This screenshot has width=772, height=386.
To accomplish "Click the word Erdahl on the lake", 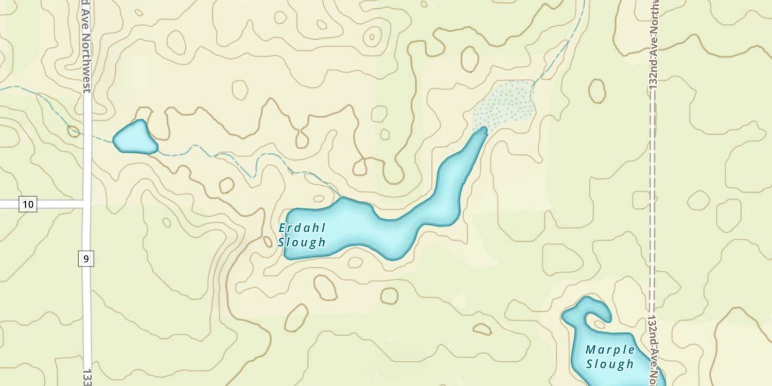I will coord(302,227).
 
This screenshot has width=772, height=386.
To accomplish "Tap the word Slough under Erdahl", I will coord(302,242).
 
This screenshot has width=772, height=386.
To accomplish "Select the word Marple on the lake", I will coord(610,350).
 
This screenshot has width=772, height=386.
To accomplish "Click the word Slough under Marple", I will coord(610,364).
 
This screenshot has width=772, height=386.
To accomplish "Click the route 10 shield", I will coord(28,204).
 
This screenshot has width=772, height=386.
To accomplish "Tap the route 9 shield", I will coord(86,258).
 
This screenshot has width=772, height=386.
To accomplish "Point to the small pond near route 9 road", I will coord(135,138).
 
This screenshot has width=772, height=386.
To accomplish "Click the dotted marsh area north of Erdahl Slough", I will coord(504,106).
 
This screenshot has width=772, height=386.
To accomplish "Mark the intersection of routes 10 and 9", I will coord(86,204).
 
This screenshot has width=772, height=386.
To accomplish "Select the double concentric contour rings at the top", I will coord(372,37).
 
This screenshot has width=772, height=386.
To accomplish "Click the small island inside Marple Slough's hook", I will coord(600,324).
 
